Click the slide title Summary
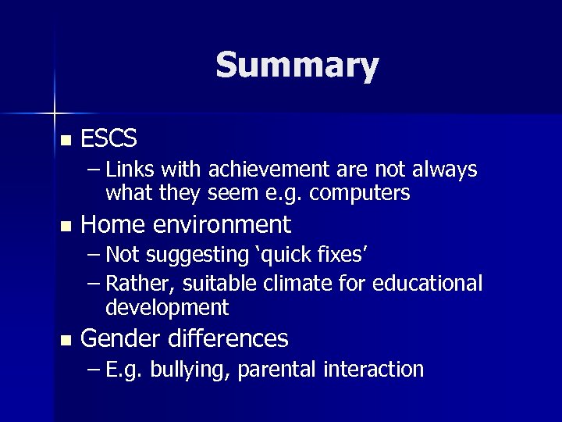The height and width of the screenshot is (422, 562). point(297,65)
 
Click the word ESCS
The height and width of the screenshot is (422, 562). point(108,139)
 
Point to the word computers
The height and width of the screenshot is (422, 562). point(360,192)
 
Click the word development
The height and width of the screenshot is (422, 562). point(167,307)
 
